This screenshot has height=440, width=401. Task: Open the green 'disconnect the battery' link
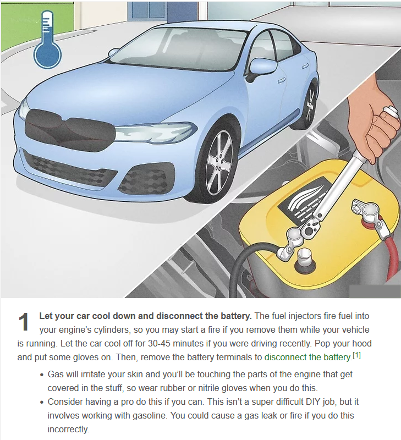[x=308, y=357]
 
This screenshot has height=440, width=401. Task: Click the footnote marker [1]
[x=356, y=355]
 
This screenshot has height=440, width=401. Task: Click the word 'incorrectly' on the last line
[x=67, y=429]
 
